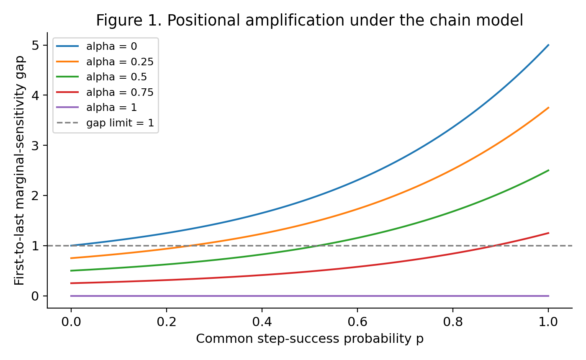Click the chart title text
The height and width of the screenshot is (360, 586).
[x=309, y=21]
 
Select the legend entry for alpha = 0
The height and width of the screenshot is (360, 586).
[x=97, y=46]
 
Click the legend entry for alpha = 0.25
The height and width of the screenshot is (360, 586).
[x=105, y=62]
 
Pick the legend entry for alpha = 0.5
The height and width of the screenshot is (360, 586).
[x=102, y=77]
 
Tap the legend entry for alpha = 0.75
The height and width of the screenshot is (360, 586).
[x=105, y=93]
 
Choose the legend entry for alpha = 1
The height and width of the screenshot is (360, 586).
[x=97, y=108]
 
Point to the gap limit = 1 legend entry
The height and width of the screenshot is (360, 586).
[x=105, y=123]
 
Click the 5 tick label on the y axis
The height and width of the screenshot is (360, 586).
[x=35, y=46]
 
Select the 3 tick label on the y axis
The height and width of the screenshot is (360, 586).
[x=35, y=146]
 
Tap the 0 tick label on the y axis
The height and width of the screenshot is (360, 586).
[x=35, y=296]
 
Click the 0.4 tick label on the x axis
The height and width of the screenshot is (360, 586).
[x=262, y=321]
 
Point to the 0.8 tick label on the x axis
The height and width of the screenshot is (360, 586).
[x=453, y=321]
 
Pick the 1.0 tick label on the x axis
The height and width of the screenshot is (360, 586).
[x=548, y=321]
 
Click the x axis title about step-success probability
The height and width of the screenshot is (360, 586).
[x=310, y=339]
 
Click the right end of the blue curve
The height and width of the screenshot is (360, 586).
[x=548, y=45]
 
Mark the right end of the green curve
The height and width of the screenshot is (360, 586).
[x=548, y=170]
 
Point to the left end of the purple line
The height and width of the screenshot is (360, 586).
[x=71, y=296]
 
